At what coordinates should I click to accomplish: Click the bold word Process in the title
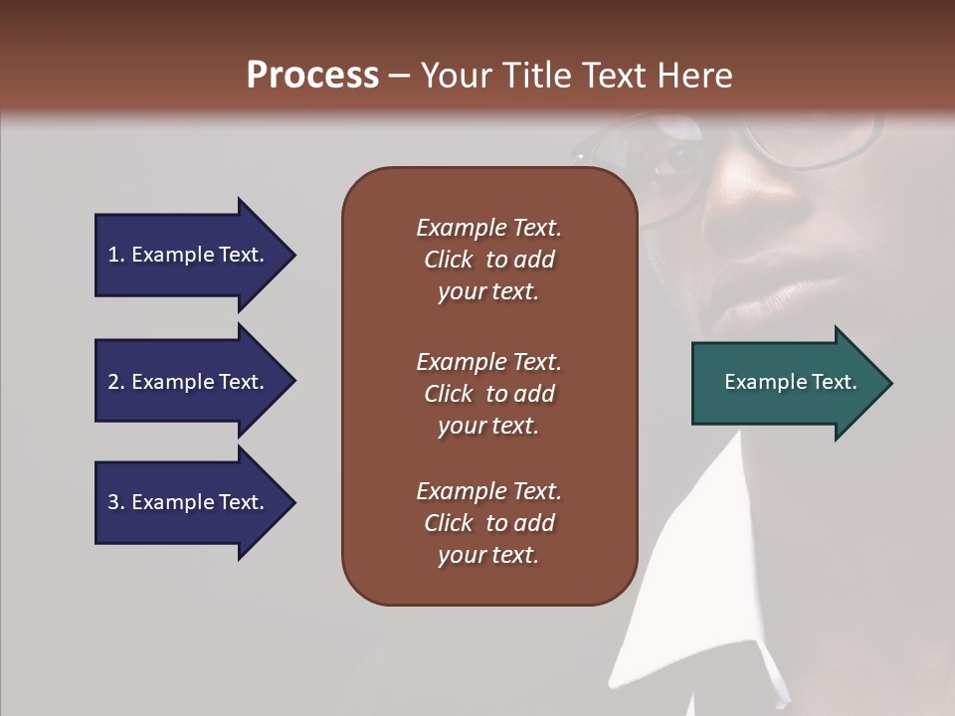(x=312, y=76)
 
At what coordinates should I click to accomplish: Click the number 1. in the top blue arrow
(x=115, y=255)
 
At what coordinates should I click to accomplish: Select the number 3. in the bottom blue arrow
(x=115, y=502)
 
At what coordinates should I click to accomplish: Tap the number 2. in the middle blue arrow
(x=115, y=382)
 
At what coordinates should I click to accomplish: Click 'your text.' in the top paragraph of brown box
(x=488, y=292)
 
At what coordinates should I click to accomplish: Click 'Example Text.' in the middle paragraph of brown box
(x=488, y=361)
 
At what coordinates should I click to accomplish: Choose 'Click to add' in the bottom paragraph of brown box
(x=488, y=523)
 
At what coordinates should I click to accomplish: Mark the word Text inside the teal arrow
(x=834, y=382)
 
